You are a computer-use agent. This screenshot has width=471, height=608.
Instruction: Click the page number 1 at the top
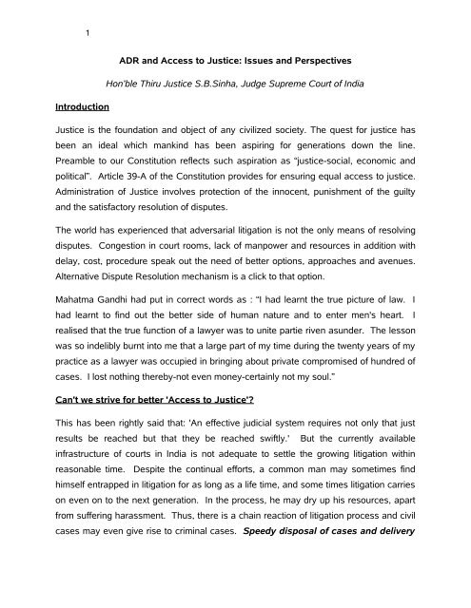[x=88, y=37]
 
